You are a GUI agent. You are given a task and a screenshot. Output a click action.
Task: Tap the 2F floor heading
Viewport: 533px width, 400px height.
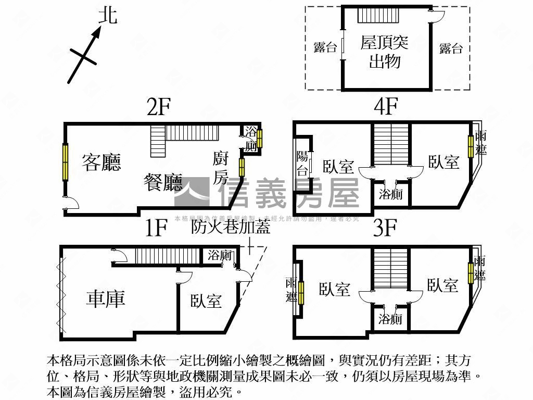159,107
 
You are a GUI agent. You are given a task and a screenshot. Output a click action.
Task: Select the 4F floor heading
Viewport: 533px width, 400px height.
386,107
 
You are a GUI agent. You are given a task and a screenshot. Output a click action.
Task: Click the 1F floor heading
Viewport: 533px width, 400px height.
156,228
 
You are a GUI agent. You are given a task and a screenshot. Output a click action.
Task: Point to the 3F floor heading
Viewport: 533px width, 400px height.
385,228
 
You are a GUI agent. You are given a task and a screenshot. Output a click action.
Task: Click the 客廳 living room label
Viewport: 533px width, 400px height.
101,162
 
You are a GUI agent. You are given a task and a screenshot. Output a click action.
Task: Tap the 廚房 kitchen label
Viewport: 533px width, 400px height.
221,168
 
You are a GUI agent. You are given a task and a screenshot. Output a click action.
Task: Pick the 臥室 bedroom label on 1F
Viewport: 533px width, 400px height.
206,301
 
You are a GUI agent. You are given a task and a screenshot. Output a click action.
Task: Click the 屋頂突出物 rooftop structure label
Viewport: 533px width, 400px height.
385,52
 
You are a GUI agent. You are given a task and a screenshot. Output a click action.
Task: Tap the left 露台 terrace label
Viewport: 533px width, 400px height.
325,48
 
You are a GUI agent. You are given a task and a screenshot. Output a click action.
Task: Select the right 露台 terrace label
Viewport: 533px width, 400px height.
451,48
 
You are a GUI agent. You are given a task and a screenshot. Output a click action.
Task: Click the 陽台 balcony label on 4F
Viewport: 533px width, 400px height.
302,163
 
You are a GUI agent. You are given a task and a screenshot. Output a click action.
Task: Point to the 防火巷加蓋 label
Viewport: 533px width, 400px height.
231,227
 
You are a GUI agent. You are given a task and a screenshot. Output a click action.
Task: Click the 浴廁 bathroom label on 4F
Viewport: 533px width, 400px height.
390,195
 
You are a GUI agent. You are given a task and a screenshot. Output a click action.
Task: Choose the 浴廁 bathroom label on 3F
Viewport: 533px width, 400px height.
390,319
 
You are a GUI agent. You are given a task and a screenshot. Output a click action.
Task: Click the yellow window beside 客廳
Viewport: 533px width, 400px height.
65,162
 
